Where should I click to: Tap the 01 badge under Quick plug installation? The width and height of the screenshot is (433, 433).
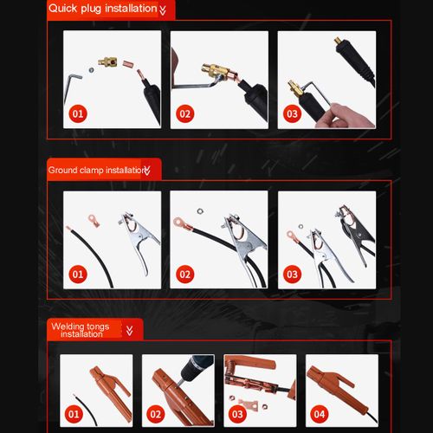78,114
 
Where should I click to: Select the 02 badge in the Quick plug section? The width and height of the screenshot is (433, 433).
185,114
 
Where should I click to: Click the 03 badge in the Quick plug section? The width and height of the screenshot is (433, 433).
292,114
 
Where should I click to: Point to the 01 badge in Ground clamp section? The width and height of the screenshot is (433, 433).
78,275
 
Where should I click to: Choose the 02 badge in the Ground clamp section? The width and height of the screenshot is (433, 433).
185,275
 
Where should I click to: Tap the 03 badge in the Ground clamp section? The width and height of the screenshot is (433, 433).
292,275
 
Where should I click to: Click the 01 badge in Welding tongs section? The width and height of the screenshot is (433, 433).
74,415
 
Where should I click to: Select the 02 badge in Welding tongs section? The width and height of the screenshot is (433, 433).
156,415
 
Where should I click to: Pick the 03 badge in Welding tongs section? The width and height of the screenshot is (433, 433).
237,415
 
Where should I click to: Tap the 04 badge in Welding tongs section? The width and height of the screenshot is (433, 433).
320,415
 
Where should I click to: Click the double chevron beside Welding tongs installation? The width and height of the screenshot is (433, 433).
130,331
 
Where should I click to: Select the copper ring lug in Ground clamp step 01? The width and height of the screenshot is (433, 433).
94,221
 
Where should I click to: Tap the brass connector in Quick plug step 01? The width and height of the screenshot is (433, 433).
107,61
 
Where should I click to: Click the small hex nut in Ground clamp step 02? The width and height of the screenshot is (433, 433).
200,211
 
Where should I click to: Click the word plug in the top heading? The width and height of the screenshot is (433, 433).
91,10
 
